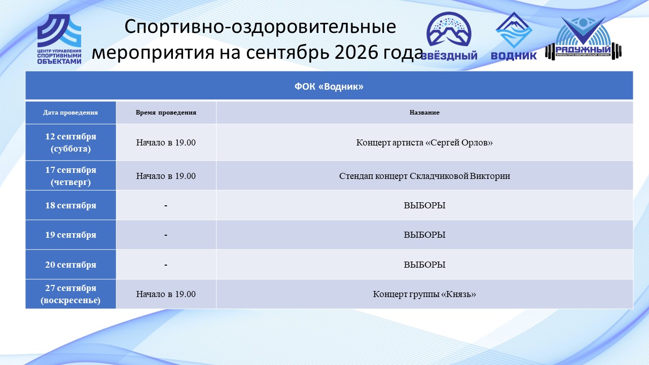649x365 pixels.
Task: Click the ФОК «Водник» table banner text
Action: [x=329, y=86]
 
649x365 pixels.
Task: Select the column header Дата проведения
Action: [x=70, y=113]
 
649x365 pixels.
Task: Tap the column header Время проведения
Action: [x=166, y=113]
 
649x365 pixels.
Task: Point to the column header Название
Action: [x=424, y=113]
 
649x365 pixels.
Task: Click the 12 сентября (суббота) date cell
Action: [x=70, y=142]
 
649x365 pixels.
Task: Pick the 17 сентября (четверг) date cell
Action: [x=70, y=176]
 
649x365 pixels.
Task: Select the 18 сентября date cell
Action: [x=70, y=205]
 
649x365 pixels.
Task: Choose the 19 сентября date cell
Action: [x=70, y=235]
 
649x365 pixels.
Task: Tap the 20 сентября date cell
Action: [x=70, y=265]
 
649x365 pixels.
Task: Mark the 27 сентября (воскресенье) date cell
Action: [x=70, y=294]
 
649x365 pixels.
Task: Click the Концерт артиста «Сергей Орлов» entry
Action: [x=424, y=142]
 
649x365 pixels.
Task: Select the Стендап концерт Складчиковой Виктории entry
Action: [x=424, y=176]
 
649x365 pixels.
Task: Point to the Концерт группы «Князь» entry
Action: [x=424, y=294]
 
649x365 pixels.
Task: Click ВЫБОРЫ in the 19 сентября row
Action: [x=424, y=235]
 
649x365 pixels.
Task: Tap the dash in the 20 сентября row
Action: [x=166, y=265]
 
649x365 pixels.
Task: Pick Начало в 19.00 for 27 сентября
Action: [x=166, y=294]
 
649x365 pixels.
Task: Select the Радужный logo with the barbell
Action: [x=583, y=38]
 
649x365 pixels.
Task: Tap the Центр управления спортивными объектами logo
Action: [x=59, y=39]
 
